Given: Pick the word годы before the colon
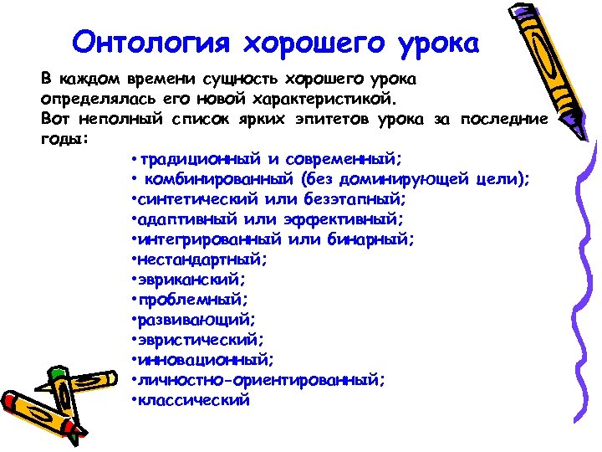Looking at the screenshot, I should (x=60, y=138).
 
